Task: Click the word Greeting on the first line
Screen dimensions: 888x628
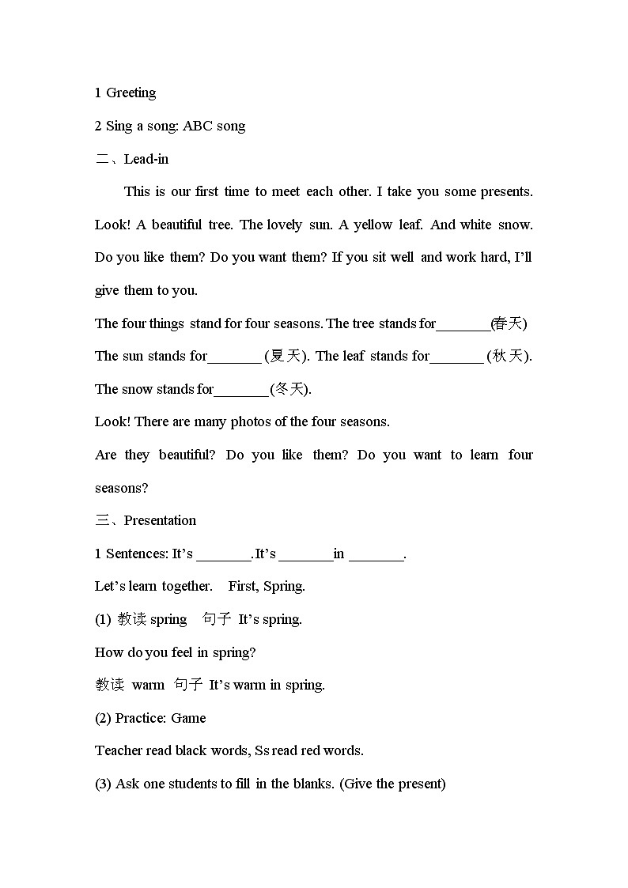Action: click(x=131, y=93)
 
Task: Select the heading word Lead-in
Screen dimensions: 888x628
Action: click(x=146, y=159)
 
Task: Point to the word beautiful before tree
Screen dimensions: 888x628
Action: click(x=176, y=225)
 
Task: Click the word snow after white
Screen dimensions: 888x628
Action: click(x=516, y=225)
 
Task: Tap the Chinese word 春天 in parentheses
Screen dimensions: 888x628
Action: click(x=509, y=323)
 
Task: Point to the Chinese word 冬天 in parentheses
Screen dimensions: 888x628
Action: click(x=289, y=389)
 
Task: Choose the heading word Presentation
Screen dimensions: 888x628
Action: click(x=160, y=520)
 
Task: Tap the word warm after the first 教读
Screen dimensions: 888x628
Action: click(x=148, y=685)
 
